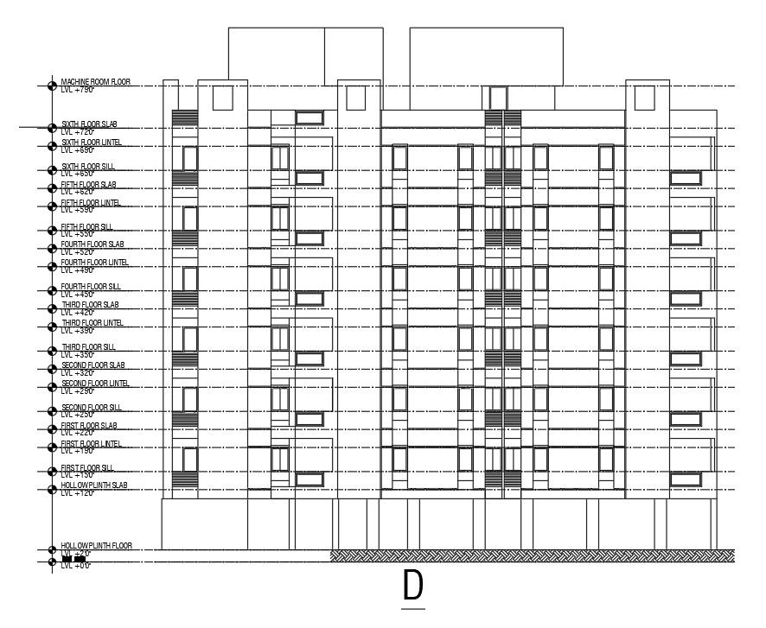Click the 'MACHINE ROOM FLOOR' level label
(95, 81)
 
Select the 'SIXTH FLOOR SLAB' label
(90, 124)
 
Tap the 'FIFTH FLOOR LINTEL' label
(91, 203)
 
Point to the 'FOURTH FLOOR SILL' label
(90, 287)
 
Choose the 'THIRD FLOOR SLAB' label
(90, 305)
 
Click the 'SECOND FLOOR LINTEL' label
(95, 384)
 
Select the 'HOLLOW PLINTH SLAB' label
(94, 485)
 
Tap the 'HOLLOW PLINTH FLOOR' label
(96, 546)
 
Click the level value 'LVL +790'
(77, 89)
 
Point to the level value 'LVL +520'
(77, 252)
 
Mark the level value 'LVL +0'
(76, 566)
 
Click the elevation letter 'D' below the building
(413, 587)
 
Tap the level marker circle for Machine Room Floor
(52, 86)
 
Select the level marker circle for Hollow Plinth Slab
(52, 490)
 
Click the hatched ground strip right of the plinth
(533, 555)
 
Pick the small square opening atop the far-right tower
(643, 98)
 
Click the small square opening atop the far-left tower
(222, 98)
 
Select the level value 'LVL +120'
(77, 493)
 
